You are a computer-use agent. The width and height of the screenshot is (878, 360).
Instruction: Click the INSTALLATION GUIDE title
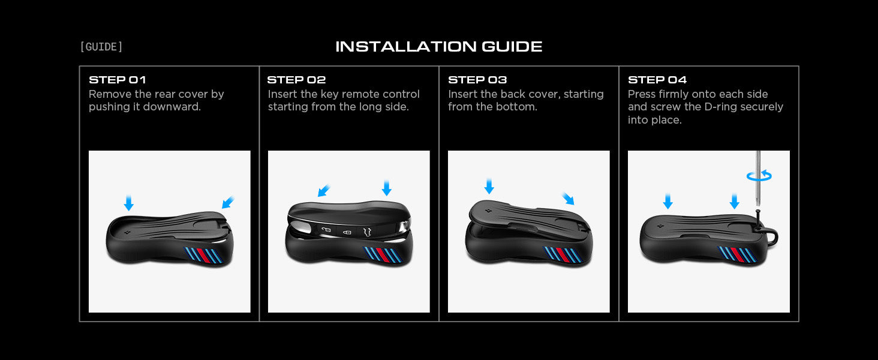[438, 47]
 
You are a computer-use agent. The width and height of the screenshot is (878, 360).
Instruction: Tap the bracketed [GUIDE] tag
[101, 47]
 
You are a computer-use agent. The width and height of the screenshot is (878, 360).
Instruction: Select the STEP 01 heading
[118, 80]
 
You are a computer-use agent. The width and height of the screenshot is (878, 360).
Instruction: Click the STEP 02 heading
[297, 80]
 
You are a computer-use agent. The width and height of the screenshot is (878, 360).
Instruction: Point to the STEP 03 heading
[477, 80]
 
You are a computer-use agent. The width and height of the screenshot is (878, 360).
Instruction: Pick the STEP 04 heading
[657, 80]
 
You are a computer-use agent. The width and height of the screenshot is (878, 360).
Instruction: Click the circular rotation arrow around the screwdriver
[759, 176]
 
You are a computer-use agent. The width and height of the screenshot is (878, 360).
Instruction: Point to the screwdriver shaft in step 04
[758, 178]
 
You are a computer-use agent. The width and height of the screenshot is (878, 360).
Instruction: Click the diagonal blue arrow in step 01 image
[228, 202]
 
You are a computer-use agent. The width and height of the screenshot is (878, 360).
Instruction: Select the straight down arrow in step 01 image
[128, 203]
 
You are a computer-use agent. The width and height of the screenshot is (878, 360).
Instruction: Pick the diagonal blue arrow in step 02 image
[324, 191]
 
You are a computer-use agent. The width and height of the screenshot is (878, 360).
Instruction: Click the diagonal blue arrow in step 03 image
[568, 199]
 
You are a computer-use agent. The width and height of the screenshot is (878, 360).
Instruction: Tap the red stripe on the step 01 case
[204, 255]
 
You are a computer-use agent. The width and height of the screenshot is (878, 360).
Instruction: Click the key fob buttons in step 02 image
[347, 232]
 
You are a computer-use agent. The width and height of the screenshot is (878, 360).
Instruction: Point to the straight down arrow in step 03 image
[489, 186]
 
